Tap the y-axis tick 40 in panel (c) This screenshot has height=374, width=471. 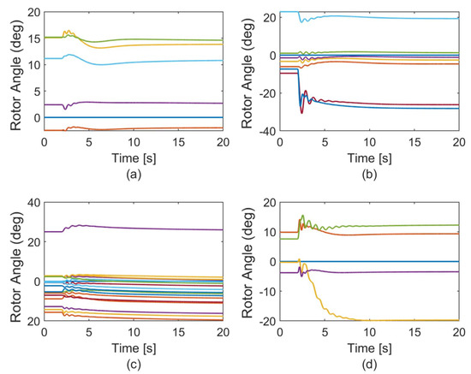(x=33, y=202)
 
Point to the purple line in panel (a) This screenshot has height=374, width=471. (x=128, y=103)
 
